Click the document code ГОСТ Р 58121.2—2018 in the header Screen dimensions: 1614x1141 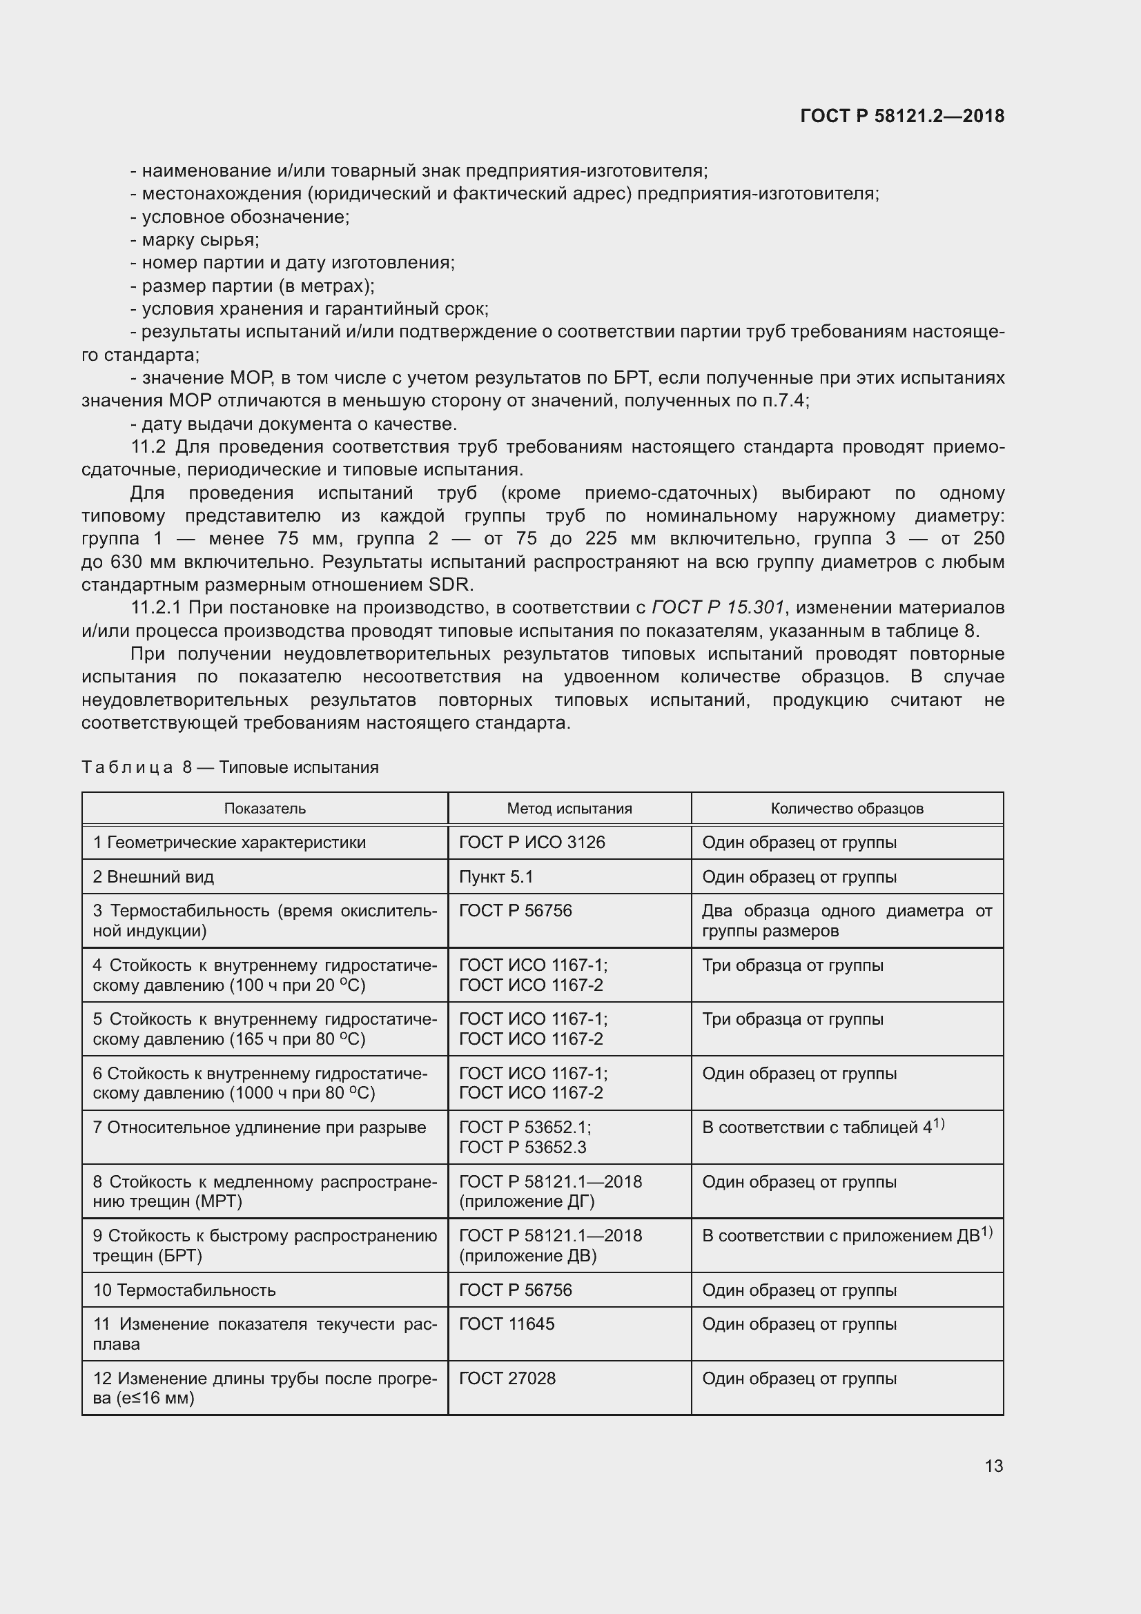point(902,116)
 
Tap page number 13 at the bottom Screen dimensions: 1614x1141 point(993,1466)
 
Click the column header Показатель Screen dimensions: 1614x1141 point(264,809)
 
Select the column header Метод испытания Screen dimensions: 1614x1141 point(569,809)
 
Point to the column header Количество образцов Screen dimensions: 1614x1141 point(846,809)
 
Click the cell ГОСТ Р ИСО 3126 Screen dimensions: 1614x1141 point(532,842)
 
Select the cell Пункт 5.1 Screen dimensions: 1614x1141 point(496,876)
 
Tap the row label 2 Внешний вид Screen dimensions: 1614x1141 point(153,876)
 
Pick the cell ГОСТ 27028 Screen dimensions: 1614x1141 point(507,1378)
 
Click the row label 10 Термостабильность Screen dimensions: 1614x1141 point(184,1290)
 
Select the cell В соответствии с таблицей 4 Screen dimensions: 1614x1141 point(822,1128)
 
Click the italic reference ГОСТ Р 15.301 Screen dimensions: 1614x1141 point(717,607)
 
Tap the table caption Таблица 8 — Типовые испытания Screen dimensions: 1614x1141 point(230,767)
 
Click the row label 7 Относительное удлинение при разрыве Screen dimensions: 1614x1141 point(260,1128)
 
